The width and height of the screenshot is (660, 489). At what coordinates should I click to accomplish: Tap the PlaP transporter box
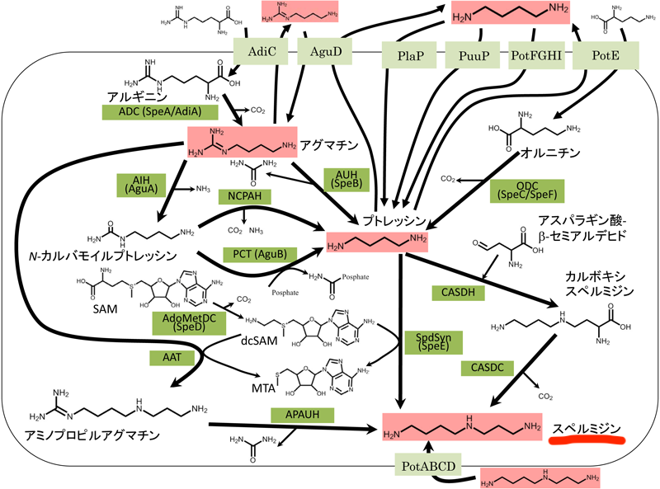410,57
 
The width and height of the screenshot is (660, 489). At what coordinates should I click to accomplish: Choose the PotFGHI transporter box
536,57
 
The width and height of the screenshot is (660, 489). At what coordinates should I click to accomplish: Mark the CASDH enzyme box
458,290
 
